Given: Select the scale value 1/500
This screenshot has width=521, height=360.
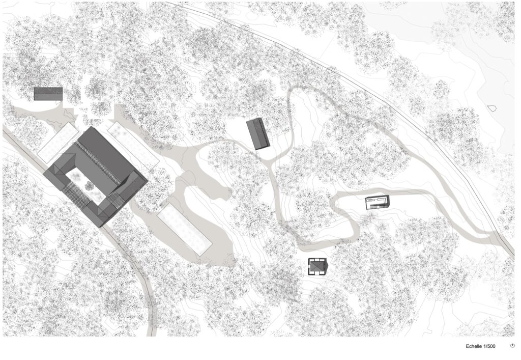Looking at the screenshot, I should click(x=489, y=346).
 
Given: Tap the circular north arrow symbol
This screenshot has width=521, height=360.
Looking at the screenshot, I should click(x=512, y=346).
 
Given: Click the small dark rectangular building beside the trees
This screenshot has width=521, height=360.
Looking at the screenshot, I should click(x=48, y=94).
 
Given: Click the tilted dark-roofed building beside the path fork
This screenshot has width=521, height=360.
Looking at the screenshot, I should click(x=258, y=134).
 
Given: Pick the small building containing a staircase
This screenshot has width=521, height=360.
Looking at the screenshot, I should click(x=377, y=203).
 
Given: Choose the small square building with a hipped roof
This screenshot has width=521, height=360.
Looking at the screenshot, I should click(x=317, y=267).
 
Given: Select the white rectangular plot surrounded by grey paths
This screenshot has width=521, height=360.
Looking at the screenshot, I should click(x=184, y=230).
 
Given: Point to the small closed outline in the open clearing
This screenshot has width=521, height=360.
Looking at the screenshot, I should click(x=491, y=108).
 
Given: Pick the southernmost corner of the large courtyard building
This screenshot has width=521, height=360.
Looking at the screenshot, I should click(x=100, y=226).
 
